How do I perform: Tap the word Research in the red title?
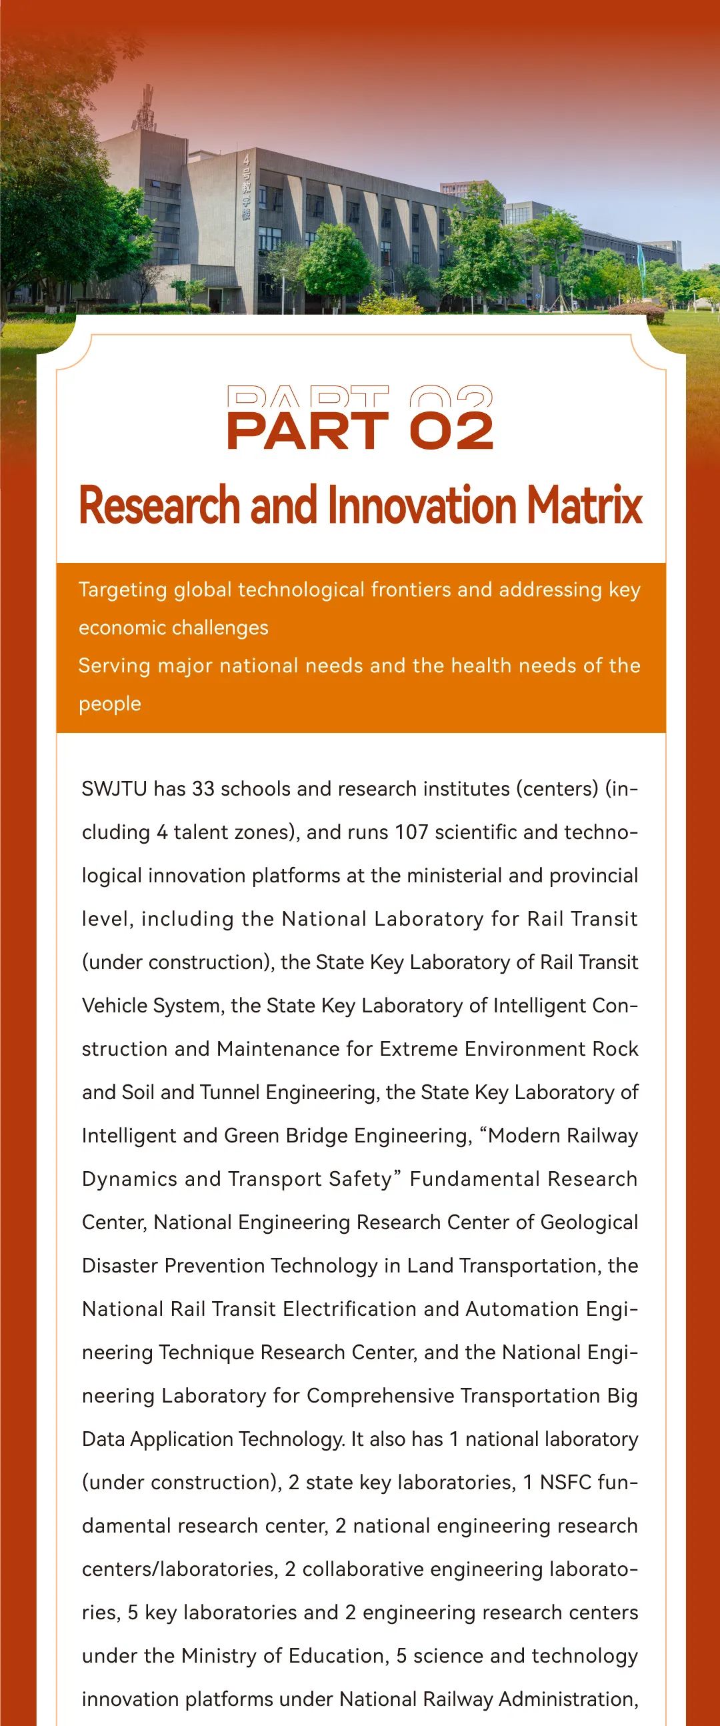[x=159, y=506]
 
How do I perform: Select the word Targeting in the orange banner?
[x=123, y=590]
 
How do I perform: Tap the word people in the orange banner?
[x=110, y=704]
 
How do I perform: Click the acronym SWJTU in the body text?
[x=114, y=788]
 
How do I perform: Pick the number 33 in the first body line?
[x=203, y=788]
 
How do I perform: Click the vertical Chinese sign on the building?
[x=247, y=187]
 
